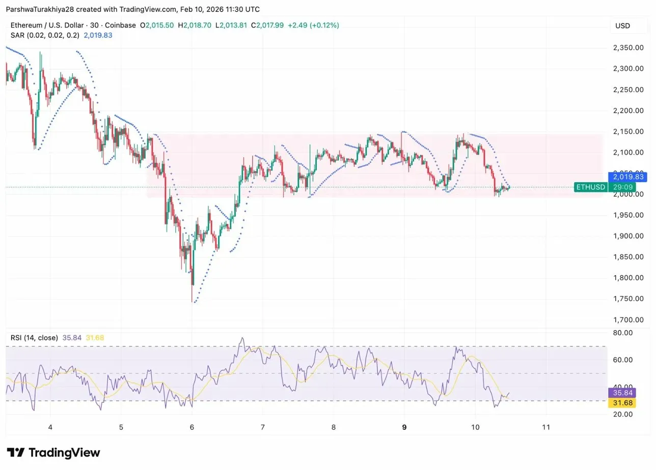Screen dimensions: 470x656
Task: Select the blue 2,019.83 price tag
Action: pos(628,177)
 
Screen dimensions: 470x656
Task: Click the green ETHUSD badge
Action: pos(590,187)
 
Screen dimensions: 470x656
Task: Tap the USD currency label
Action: pos(622,26)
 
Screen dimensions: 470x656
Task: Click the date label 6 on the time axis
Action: pos(192,427)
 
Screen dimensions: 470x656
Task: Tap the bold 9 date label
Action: pos(404,427)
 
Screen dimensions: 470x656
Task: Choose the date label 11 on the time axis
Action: pos(546,427)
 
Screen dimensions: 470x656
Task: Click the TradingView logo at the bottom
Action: pos(53,453)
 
